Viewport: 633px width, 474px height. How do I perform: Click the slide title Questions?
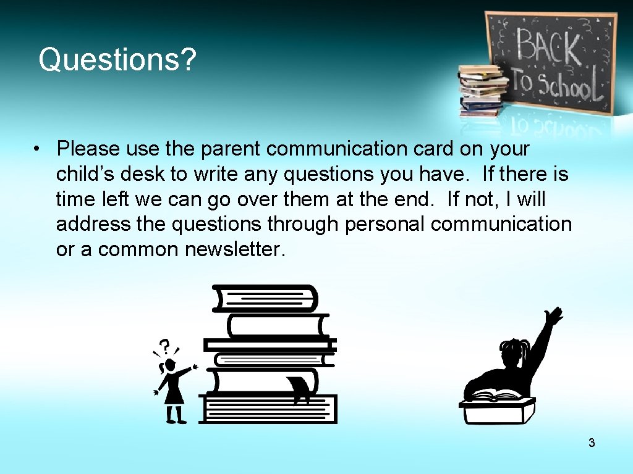(117, 60)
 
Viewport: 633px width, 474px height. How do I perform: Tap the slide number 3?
(592, 443)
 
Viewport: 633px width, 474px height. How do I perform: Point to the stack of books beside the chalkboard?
(481, 90)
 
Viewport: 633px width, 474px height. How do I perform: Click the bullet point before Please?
(38, 149)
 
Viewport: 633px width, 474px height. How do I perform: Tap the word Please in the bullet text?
(87, 149)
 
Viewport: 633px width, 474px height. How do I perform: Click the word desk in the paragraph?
(145, 174)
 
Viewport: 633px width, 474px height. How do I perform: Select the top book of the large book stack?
(265, 298)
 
